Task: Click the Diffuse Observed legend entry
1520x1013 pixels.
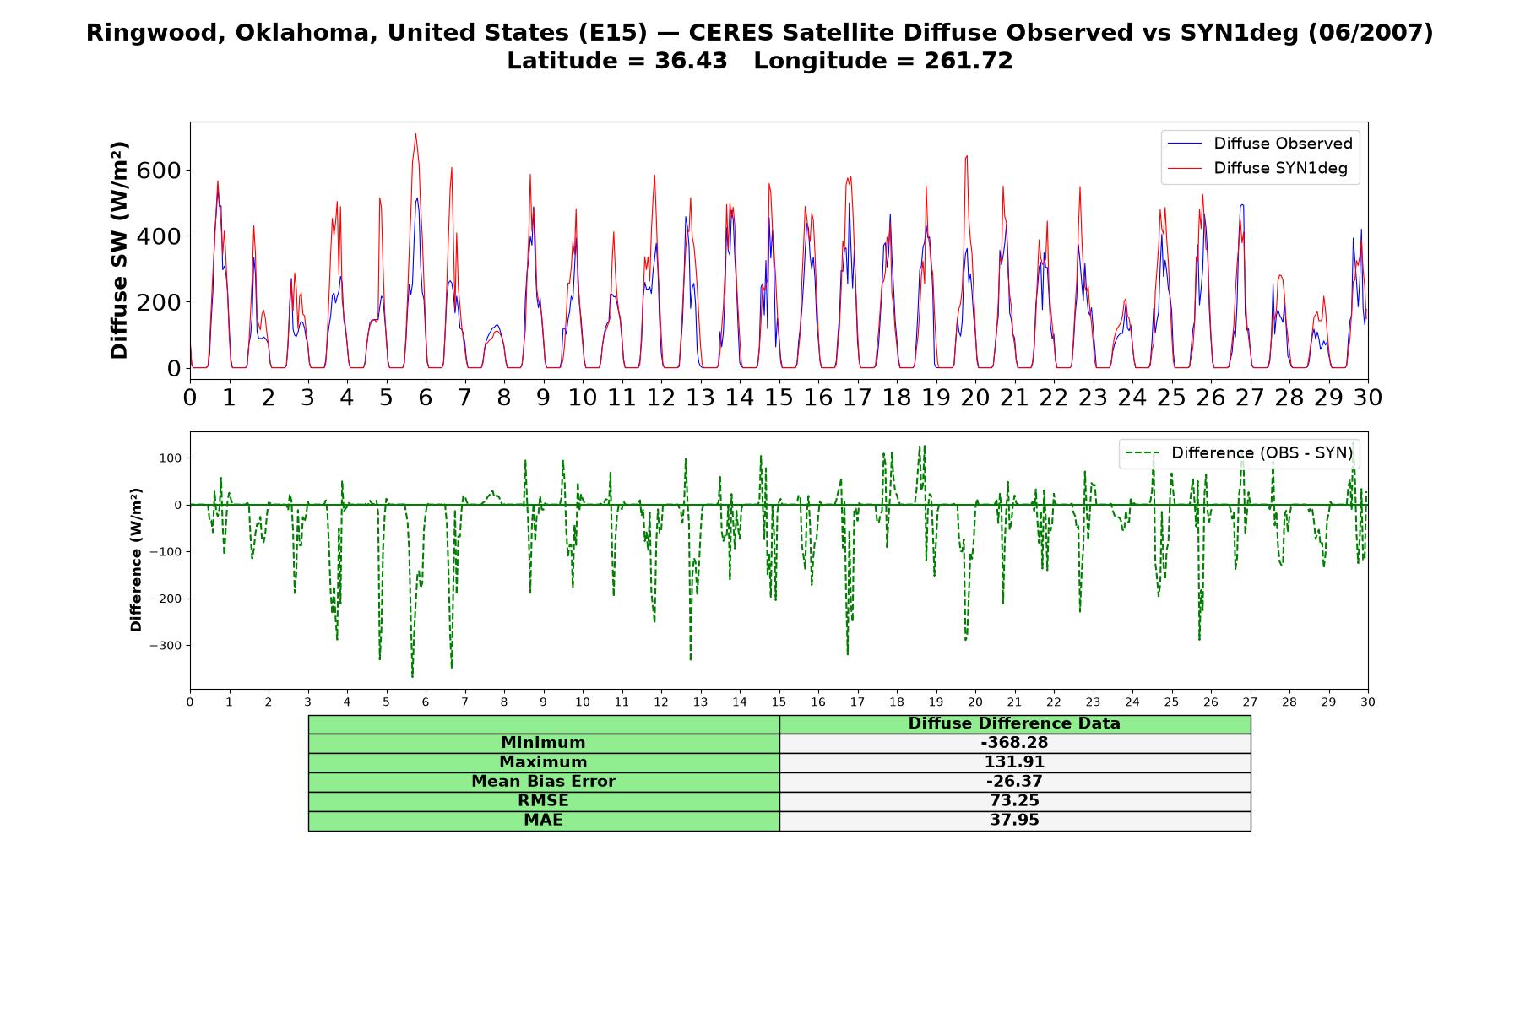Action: click(x=1258, y=144)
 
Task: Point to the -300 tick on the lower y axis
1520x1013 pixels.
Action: click(x=166, y=646)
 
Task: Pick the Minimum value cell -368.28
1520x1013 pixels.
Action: click(x=1014, y=743)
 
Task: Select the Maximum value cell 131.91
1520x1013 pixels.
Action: click(x=1014, y=762)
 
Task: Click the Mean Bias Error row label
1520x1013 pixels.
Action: click(x=543, y=782)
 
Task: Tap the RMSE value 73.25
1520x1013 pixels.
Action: click(x=1014, y=801)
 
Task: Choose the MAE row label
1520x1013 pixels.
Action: click(x=543, y=821)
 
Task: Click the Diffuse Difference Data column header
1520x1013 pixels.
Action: click(x=1014, y=723)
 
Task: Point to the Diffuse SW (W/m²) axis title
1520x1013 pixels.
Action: click(x=119, y=251)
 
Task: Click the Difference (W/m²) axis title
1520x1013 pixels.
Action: click(x=136, y=561)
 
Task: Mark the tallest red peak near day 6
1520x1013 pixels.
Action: click(x=415, y=133)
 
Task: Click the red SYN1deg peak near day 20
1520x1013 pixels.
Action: click(x=967, y=156)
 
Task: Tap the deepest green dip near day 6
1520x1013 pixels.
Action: click(x=412, y=677)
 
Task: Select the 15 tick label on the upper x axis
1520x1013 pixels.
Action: click(x=779, y=398)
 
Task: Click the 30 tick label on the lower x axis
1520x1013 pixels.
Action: click(x=1368, y=702)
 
